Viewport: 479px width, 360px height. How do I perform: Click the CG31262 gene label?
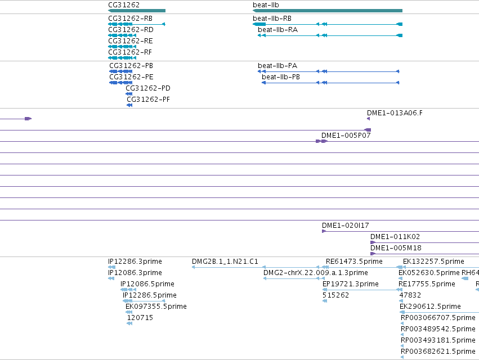124,5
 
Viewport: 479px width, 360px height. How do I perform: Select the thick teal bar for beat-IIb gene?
328,11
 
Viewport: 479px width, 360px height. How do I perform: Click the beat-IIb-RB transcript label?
272,19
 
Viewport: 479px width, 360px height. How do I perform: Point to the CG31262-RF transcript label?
130,52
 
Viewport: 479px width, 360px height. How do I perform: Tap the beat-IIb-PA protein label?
277,66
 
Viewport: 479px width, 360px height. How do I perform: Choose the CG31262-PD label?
148,88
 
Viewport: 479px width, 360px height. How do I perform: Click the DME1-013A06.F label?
395,113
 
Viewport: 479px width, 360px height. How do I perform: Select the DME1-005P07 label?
346,136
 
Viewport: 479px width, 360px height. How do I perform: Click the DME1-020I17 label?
345,226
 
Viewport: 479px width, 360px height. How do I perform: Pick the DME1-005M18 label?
396,248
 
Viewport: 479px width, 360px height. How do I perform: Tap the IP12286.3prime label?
135,262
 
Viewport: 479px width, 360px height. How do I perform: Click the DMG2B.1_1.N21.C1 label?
225,262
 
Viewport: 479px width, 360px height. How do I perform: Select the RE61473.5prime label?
354,262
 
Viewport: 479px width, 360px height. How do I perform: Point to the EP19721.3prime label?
351,284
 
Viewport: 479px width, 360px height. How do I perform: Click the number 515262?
335,295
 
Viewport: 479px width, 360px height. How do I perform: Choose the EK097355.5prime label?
156,307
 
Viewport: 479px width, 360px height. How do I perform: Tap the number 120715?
140,318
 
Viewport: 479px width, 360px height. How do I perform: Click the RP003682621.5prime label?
438,352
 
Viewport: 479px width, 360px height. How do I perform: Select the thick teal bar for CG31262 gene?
137,11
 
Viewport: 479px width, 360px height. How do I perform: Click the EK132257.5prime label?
433,262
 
